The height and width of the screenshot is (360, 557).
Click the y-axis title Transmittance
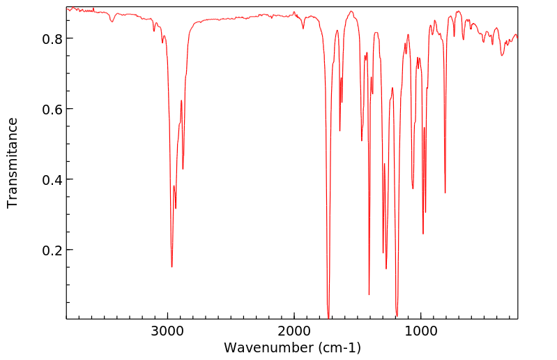13,163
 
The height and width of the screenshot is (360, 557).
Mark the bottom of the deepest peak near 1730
328,317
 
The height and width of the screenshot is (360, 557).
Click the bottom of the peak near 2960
172,267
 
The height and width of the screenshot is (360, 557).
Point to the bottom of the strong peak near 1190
397,315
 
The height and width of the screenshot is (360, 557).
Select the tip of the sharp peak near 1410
369,294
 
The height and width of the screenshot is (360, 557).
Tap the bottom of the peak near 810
445,193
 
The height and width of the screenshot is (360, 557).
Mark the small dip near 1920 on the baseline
303,28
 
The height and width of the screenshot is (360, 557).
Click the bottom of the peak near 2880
183,169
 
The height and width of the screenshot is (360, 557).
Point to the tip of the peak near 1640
339,130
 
